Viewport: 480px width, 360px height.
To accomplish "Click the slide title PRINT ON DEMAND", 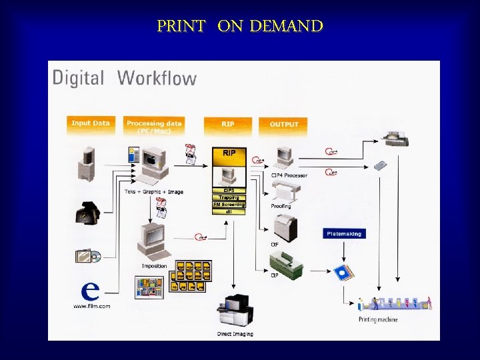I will (x=240, y=27).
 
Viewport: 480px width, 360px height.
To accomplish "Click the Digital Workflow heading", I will (x=125, y=78).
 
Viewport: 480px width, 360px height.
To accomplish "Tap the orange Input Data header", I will (x=91, y=123).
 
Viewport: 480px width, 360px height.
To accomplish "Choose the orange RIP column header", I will (x=228, y=124).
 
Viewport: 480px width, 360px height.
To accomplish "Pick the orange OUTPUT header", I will (x=284, y=124).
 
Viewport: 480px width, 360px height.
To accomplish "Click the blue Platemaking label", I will (x=344, y=234).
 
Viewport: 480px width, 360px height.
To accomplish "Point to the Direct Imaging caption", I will (x=235, y=333).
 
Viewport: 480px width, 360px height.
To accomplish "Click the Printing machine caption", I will (x=377, y=319).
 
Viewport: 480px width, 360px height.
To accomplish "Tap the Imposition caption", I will (x=154, y=266).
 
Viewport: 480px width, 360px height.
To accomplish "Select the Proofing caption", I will (x=281, y=207).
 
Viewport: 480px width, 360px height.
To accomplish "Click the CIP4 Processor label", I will (x=289, y=175).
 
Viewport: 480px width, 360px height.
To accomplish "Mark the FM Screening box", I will (x=229, y=205).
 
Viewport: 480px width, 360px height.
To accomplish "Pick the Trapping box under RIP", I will (x=229, y=197).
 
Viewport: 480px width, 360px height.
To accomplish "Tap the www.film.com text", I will (x=91, y=306).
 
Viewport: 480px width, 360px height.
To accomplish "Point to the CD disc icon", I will (x=95, y=255).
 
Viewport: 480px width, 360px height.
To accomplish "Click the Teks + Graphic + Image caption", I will (x=154, y=192).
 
